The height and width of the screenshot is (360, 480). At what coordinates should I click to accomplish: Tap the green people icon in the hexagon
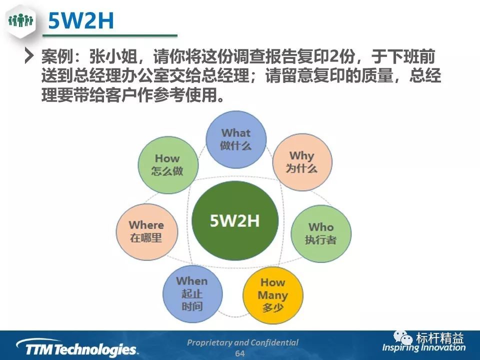(x=20, y=20)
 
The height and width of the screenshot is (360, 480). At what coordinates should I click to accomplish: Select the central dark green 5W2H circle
(x=235, y=220)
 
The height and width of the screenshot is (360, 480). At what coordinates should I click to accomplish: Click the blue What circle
(x=236, y=139)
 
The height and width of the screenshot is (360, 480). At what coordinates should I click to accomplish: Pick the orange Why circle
(x=302, y=162)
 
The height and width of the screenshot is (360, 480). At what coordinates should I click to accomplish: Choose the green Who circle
(x=321, y=233)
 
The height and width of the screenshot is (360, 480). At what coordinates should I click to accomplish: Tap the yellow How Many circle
(x=273, y=295)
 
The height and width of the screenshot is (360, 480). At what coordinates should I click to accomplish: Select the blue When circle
(x=192, y=294)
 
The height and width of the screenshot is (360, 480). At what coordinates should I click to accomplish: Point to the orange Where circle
(x=146, y=231)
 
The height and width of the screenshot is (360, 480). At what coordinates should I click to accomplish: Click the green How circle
(x=168, y=165)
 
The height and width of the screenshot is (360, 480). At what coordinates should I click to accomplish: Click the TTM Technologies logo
(x=77, y=348)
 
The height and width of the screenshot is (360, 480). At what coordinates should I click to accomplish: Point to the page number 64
(x=240, y=353)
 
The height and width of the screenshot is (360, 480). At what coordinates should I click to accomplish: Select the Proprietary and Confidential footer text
(x=242, y=342)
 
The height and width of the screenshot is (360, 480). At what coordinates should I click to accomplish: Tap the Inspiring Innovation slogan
(x=423, y=347)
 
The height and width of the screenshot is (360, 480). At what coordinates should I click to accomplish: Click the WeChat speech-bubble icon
(x=403, y=337)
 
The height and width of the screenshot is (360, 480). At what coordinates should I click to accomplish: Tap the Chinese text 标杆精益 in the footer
(x=439, y=338)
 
